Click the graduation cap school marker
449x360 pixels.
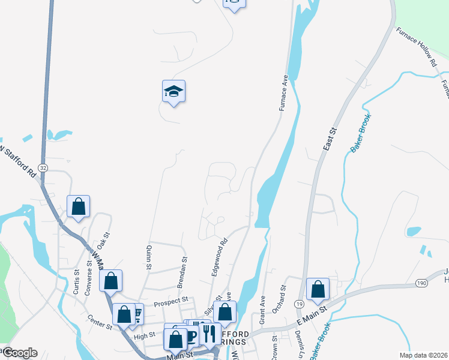click(x=173, y=92)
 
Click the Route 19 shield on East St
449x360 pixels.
click(x=299, y=305)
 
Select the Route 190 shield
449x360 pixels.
click(x=421, y=282)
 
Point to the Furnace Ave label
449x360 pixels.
click(x=284, y=93)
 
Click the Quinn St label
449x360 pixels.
click(x=146, y=257)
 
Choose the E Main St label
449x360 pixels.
click(x=311, y=316)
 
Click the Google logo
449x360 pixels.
click(x=20, y=353)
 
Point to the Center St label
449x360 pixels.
click(x=100, y=322)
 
